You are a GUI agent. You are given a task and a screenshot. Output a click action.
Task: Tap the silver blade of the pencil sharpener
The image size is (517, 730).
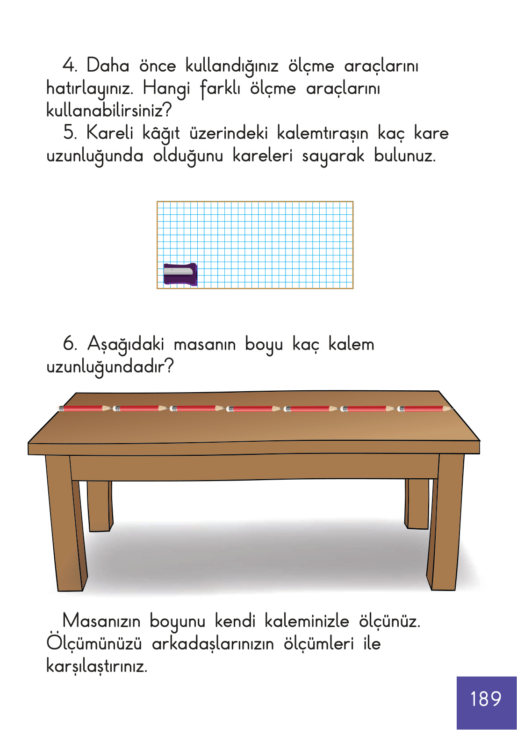[178, 270]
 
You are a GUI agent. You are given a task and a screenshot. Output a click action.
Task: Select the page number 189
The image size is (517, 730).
[486, 699]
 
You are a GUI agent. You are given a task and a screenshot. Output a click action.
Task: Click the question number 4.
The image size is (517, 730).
[70, 65]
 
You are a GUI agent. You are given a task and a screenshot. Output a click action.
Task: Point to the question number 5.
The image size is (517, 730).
[70, 132]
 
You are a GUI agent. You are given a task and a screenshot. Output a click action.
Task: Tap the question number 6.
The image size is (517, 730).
[70, 343]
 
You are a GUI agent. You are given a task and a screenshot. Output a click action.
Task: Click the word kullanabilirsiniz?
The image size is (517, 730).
[109, 110]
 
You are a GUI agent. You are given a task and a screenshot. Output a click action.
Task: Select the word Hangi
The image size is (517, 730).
[166, 88]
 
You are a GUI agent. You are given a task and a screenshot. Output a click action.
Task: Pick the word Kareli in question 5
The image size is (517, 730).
[110, 133]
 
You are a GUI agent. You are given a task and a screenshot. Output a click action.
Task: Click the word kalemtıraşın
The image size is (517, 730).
[322, 133]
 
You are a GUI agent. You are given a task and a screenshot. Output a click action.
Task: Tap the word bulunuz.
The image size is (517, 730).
[404, 155]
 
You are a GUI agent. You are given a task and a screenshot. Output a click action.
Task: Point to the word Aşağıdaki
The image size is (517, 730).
[126, 344]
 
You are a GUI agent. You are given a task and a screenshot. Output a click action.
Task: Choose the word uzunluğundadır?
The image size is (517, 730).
[110, 366]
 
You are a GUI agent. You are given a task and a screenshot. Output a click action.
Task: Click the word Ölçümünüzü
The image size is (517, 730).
[94, 643]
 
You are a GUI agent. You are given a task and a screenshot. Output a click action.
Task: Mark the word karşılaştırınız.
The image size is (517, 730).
[97, 666]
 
